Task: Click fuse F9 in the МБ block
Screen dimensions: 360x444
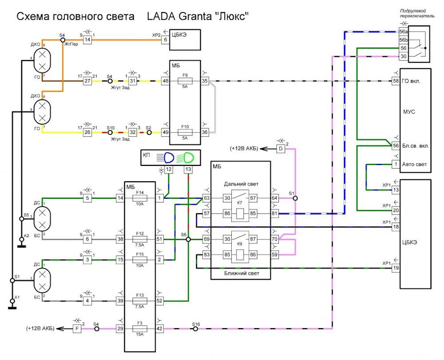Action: coord(185,81)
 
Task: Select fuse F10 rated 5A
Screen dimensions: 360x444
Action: coord(185,132)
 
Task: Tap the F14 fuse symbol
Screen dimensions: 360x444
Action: coord(140,198)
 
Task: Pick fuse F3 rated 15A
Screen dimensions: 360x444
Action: coord(140,328)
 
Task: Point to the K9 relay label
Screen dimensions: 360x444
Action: coord(239,246)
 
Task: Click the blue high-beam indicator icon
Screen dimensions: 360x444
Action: coord(166,157)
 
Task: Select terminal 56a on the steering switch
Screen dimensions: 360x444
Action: coord(403,32)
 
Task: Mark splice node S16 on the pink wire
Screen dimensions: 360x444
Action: coord(196,329)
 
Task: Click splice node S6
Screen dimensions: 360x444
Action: coord(189,239)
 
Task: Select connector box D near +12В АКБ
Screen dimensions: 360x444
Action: coord(280,149)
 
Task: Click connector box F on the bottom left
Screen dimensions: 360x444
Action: coord(77,329)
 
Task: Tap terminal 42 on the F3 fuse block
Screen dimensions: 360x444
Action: coord(160,329)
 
